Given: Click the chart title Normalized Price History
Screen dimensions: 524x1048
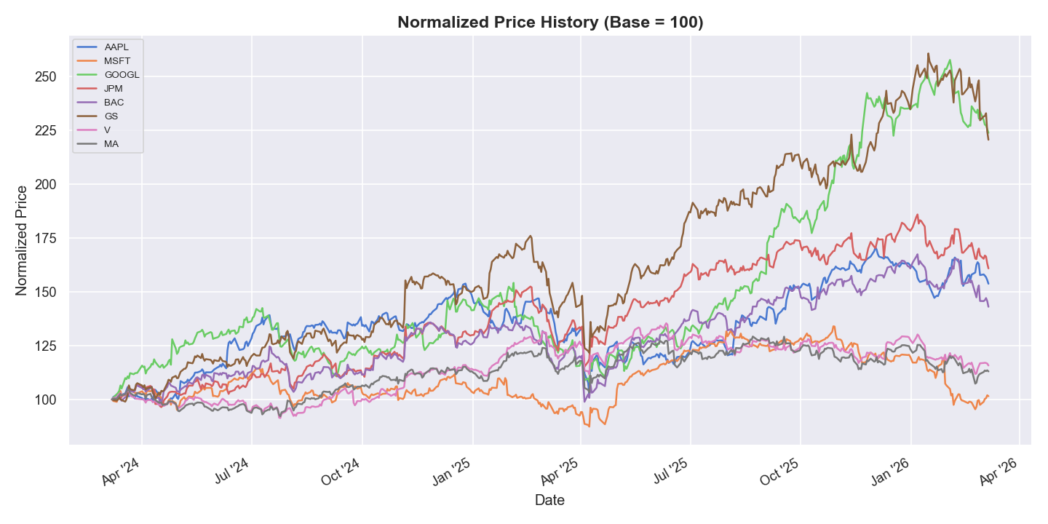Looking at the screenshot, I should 550,23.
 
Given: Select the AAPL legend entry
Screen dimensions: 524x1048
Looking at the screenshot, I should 116,47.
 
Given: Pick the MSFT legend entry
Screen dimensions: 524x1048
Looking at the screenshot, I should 117,61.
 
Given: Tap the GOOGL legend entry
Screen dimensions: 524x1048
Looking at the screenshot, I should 122,75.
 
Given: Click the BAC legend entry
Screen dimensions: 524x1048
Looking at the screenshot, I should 114,103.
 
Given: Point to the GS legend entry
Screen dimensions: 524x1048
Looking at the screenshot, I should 111,116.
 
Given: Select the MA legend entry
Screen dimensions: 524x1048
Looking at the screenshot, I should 111,144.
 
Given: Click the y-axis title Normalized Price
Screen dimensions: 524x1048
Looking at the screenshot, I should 22,240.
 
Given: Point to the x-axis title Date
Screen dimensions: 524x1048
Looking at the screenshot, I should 549,500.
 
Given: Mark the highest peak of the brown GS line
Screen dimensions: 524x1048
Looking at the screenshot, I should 928,53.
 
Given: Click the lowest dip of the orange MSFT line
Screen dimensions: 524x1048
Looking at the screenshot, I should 588,426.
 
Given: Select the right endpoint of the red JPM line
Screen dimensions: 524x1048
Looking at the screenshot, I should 988,269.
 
